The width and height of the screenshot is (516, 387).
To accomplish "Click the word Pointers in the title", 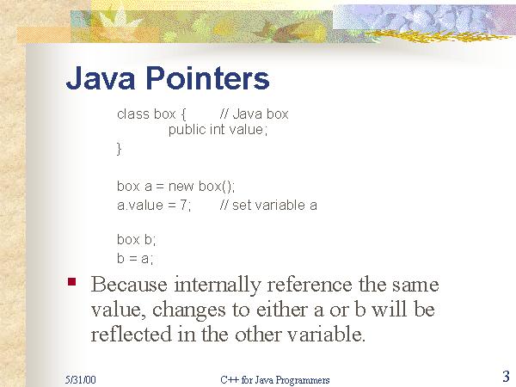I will [214, 79].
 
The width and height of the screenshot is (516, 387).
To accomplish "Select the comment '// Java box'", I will [255, 114].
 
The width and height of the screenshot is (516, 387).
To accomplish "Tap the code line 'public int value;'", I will [218, 130].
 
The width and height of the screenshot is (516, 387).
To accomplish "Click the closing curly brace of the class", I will [120, 149].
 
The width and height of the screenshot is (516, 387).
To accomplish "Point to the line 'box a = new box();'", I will [175, 186].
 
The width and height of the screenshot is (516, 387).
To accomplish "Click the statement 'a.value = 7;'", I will [154, 205].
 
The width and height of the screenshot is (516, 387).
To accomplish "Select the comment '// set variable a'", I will [268, 205].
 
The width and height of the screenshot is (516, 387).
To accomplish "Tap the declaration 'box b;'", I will [137, 240].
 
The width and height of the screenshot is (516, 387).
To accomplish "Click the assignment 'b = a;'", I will [135, 258].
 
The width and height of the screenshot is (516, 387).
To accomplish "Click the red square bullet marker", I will [73, 280].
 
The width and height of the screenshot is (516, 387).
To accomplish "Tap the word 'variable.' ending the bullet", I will [329, 335].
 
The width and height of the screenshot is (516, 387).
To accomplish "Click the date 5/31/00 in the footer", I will [79, 379].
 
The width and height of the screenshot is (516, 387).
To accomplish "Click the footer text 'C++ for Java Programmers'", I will [275, 379].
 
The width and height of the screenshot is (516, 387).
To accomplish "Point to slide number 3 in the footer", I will [506, 376].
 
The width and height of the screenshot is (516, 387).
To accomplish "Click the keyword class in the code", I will [133, 114].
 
